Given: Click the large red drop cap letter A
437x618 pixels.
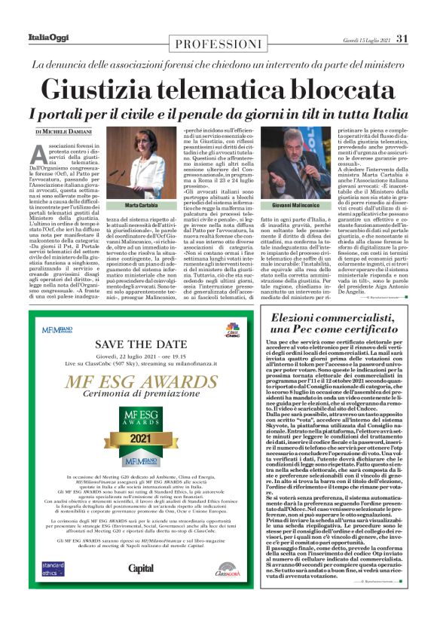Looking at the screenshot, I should [43, 154].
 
